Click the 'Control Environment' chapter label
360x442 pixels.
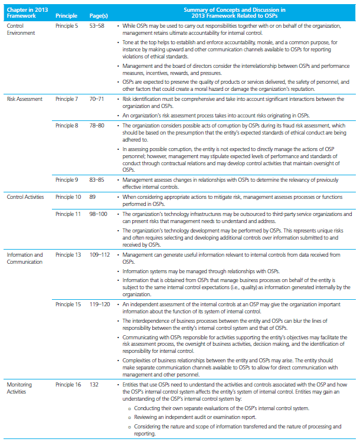[x=21, y=29]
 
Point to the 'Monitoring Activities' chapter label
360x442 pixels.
[x=20, y=387]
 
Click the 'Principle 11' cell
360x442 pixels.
[x=69, y=213]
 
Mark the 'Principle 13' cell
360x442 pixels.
[x=69, y=255]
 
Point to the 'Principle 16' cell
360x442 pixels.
[x=69, y=384]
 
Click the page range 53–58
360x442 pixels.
[x=96, y=26]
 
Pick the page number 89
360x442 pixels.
[x=91, y=195]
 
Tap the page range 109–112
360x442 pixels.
[x=99, y=255]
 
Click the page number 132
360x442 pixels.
[x=93, y=384]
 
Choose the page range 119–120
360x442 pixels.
[x=99, y=303]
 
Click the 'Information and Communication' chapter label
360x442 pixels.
[x=25, y=258]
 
